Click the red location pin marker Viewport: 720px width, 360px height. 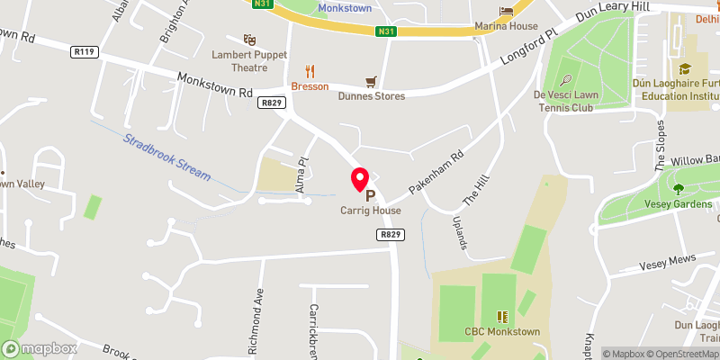coord(359,178)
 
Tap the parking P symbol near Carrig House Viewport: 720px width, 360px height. coord(369,195)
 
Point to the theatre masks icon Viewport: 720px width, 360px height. coord(250,40)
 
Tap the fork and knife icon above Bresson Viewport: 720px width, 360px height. coord(310,71)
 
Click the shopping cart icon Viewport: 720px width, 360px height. coord(369,81)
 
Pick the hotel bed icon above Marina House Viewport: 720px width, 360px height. coord(507,10)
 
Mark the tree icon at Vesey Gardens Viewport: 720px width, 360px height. coord(678,189)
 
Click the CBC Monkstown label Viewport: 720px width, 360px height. coord(502,332)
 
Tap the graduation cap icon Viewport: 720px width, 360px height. coord(685,68)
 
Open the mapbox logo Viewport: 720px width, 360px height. coord(40,348)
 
